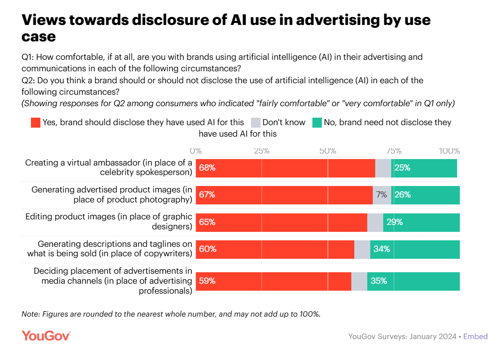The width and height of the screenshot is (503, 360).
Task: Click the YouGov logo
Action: pos(46,336)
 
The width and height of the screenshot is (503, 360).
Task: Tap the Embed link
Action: pos(475,337)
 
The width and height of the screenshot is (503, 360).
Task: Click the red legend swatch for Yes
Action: pos(35,123)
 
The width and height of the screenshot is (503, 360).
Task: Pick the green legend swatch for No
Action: pos(317,123)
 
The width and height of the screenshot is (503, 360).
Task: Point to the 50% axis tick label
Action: pos(327,151)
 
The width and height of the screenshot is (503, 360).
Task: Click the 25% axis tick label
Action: pos(261,151)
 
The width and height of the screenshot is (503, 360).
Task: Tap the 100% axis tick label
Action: pos(449,151)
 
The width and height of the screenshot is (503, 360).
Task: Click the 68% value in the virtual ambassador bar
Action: pos(207,168)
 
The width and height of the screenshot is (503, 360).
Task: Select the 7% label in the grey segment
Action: pos(382,195)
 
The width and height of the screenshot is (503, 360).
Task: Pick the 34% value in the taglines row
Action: pos(381,249)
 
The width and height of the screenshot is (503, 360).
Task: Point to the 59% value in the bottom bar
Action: pos(207,281)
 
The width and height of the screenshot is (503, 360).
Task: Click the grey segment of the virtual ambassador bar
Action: pos(383,168)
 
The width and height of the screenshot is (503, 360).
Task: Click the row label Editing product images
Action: pos(109,221)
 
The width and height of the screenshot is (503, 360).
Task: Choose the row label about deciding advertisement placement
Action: pos(113,281)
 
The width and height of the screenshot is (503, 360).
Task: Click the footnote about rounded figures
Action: pos(171,314)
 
